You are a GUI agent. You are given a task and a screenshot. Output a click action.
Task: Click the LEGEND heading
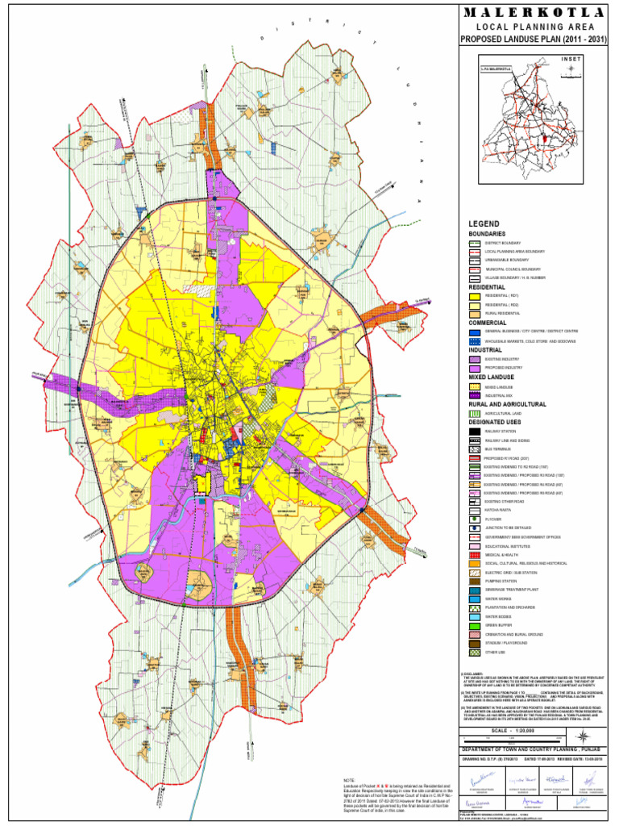point(484,223)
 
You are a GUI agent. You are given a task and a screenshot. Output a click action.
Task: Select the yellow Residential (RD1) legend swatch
point(475,296)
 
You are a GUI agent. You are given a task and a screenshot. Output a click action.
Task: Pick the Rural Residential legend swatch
point(475,314)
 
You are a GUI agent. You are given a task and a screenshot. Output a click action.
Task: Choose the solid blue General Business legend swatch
point(475,332)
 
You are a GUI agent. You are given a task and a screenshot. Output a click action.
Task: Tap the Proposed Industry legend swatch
point(475,368)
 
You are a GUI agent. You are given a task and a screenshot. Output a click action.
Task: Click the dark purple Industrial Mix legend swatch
point(475,395)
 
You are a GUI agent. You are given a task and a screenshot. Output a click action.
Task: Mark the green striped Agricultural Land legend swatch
point(475,413)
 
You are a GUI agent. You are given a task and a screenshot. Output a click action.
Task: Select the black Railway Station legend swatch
point(475,431)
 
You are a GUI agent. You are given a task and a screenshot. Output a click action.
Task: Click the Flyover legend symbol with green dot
point(475,519)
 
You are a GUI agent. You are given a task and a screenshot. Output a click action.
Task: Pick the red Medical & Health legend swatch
point(475,555)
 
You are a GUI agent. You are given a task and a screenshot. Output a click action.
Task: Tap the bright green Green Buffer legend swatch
point(475,625)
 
